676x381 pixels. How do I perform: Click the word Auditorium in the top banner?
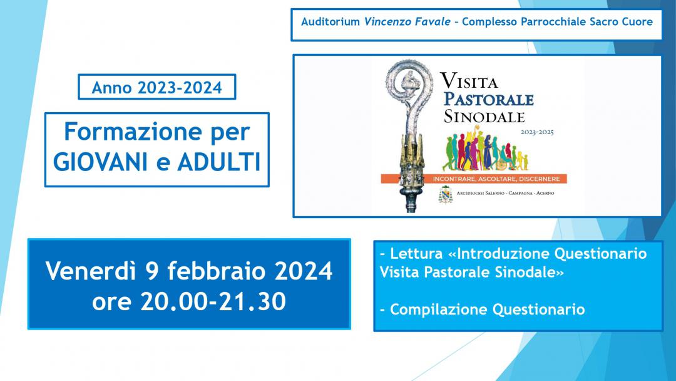[330, 21]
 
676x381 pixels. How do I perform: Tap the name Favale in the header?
[432, 21]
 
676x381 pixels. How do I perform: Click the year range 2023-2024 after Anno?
[180, 88]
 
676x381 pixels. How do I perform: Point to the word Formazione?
[133, 131]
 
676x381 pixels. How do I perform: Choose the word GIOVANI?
[100, 162]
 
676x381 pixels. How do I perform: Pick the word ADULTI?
[219, 162]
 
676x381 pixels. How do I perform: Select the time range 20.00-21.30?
[213, 301]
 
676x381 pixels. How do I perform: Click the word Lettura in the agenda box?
[417, 253]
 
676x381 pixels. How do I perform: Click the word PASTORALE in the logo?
[489, 99]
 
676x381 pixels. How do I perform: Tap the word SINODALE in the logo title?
[484, 117]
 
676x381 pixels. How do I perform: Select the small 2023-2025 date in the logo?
[537, 132]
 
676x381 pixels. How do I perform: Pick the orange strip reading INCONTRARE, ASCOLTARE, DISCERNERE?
[474, 179]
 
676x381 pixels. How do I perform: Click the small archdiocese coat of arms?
[446, 194]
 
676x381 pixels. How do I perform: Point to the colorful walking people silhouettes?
[486, 149]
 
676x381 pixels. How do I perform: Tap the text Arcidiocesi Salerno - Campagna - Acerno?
[505, 193]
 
